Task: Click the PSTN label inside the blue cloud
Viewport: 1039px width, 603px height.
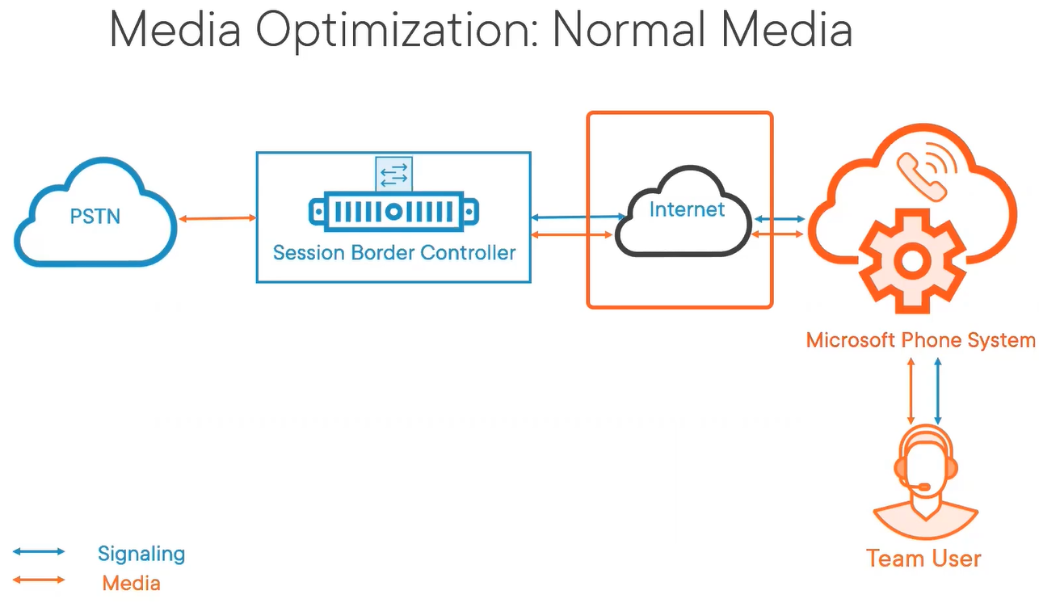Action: click(x=95, y=217)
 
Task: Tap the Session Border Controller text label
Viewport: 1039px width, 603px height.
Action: click(x=394, y=253)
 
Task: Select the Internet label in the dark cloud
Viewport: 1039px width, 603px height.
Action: click(x=687, y=209)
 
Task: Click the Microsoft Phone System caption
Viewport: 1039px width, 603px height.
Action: click(x=921, y=340)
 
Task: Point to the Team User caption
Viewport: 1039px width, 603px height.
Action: click(x=923, y=558)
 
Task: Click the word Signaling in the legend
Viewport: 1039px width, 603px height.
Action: click(x=141, y=554)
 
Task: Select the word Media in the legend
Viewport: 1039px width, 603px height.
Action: click(x=131, y=584)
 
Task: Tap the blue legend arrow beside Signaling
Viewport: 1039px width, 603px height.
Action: click(x=39, y=551)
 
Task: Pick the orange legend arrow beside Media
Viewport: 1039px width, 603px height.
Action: click(x=39, y=580)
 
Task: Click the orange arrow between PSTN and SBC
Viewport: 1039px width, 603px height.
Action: click(x=217, y=218)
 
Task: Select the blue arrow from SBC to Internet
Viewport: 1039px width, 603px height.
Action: click(x=578, y=217)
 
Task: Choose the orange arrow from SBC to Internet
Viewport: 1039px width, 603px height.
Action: click(x=571, y=235)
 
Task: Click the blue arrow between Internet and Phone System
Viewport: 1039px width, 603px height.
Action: click(x=780, y=218)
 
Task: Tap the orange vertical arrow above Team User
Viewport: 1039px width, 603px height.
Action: click(x=911, y=391)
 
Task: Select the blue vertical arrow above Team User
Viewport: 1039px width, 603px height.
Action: click(x=938, y=391)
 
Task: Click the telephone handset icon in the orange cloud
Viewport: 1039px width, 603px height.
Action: click(x=921, y=178)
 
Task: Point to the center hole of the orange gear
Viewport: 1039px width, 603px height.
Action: click(x=912, y=262)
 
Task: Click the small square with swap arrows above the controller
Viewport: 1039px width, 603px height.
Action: click(x=393, y=174)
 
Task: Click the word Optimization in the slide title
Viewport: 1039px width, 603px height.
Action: click(x=397, y=30)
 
